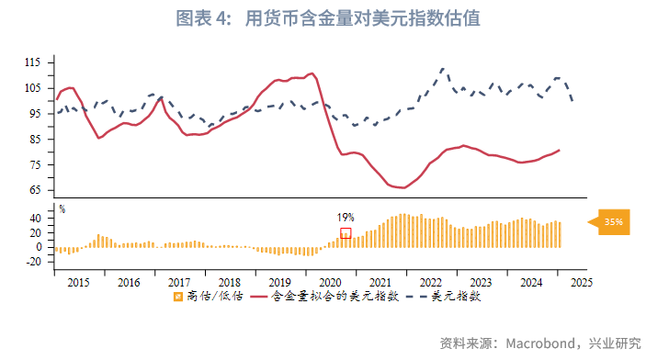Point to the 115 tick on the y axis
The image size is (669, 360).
coord(35,62)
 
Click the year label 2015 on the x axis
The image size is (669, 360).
coord(79,282)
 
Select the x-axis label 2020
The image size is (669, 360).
coord(329,282)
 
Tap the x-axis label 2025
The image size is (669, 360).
coord(579,282)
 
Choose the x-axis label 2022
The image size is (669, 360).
coord(429,282)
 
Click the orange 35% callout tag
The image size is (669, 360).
coord(613,221)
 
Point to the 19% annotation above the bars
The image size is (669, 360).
coord(346,218)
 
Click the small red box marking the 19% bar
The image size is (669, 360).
coord(346,233)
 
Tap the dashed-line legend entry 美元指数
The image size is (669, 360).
coord(456,297)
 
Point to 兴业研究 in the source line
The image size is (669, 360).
coord(616,343)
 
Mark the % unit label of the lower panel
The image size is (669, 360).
coord(62,208)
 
